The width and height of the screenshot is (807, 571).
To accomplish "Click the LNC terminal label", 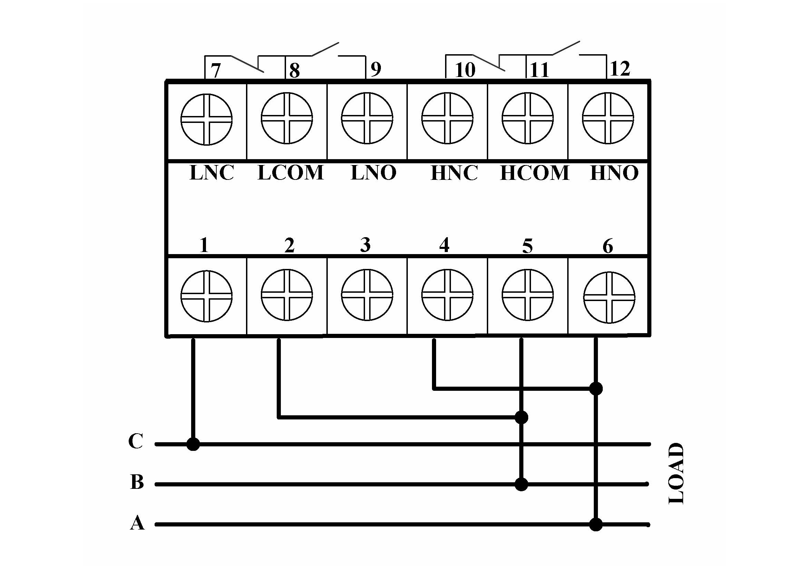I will (211, 173).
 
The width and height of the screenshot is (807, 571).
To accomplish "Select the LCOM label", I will (290, 173).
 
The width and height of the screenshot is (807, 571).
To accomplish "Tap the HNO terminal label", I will (614, 173).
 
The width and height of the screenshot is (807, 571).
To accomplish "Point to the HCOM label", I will (534, 173).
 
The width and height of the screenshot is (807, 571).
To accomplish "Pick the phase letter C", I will (136, 441).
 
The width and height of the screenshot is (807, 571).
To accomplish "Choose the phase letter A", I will (137, 522).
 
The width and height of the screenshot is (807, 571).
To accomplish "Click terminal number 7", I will (215, 70).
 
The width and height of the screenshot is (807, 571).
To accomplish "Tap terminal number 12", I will (620, 69).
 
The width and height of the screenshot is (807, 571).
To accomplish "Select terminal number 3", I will (365, 245).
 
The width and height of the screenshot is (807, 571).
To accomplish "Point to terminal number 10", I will (465, 70).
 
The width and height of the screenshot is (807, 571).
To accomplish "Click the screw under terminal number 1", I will (207, 296).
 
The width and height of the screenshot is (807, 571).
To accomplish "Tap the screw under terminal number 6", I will (609, 298).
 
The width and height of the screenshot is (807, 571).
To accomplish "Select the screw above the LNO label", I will (367, 118).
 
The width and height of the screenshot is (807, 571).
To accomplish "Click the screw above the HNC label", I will (447, 118).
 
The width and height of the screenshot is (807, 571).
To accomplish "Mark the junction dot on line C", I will (193, 444).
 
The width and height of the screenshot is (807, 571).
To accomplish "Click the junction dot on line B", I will (521, 484).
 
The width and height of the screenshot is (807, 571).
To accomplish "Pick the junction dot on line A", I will (596, 525).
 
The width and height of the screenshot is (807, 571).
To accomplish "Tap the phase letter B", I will (137, 482).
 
